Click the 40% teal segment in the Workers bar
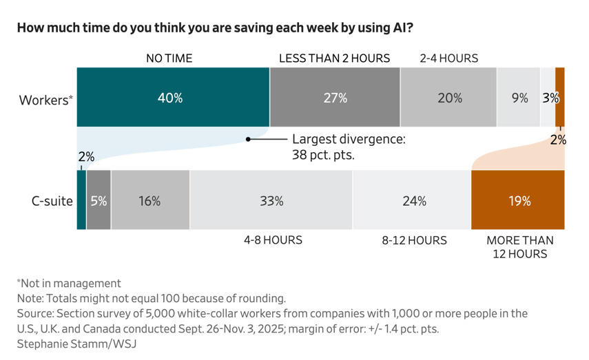[173, 97]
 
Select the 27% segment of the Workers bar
[335, 97]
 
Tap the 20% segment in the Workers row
[448, 97]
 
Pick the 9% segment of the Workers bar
[519, 97]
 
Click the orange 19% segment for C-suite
[518, 200]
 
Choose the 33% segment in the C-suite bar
[271, 200]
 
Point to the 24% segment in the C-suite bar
[412, 200]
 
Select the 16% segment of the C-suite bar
[150, 200]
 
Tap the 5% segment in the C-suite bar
[99, 200]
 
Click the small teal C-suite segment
[81, 200]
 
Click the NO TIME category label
[169, 59]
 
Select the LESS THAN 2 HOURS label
[334, 59]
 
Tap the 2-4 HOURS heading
[449, 59]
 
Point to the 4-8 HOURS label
[273, 240]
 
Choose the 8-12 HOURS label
[414, 240]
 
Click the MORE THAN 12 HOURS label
[520, 247]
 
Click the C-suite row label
[52, 201]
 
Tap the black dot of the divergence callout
[248, 139]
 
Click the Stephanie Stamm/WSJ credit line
[76, 344]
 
